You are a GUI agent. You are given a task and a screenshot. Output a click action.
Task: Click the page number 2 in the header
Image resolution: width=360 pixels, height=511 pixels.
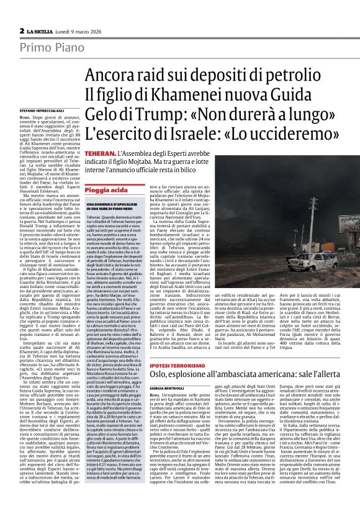click(x=22, y=31)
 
